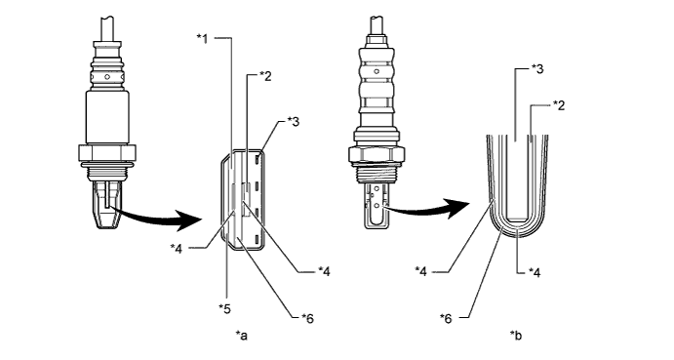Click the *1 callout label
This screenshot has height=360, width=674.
coord(203,39)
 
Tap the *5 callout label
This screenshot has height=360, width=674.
coord(224,308)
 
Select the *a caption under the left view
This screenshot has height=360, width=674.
coord(242,335)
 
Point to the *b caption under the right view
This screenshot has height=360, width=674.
coord(515,335)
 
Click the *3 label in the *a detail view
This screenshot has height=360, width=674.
coord(294,122)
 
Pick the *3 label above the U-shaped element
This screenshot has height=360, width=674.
coord(537,68)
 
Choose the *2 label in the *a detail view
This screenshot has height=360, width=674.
coord(265,76)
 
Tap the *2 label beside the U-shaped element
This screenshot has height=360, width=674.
coord(559,105)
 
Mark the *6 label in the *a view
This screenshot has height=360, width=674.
coord(308,318)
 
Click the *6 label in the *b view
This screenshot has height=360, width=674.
coord(446,319)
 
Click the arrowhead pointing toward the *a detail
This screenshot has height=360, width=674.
coord(191,220)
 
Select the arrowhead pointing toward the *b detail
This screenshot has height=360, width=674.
coord(459,208)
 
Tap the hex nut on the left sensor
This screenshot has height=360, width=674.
coord(107,153)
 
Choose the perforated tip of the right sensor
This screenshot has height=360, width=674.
coord(377,204)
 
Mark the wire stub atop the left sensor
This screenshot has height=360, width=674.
coord(107,28)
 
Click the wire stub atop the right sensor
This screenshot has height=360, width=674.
coord(377,25)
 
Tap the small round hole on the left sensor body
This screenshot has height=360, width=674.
coord(108,78)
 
